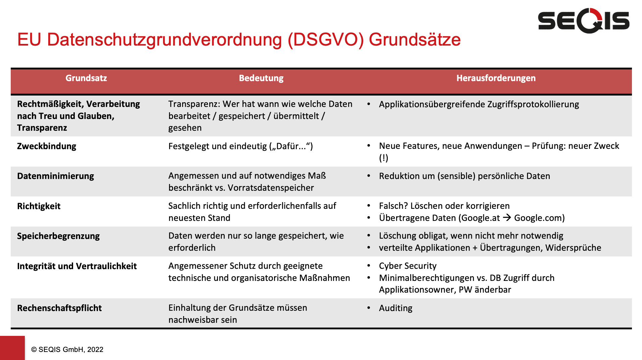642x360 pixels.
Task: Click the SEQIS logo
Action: (584, 21)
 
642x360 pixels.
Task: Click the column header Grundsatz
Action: (86, 78)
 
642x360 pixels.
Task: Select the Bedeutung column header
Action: (261, 78)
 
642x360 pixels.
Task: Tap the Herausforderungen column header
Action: (496, 78)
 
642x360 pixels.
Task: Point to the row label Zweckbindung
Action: (47, 146)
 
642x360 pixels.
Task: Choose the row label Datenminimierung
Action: (56, 176)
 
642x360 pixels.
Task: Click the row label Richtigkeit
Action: (39, 206)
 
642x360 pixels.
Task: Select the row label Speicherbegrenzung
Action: (58, 236)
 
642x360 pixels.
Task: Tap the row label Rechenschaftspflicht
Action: (59, 308)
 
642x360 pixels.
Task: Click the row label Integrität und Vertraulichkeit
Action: (77, 266)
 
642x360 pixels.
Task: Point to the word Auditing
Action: (396, 308)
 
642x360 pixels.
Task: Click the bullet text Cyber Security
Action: (408, 266)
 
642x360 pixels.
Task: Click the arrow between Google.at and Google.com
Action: (507, 218)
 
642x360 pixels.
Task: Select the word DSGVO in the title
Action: (326, 40)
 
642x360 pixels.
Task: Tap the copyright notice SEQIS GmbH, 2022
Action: (67, 350)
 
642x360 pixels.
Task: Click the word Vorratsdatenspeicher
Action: (271, 188)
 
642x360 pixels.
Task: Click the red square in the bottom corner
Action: (12, 348)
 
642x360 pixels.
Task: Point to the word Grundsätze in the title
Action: (415, 40)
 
